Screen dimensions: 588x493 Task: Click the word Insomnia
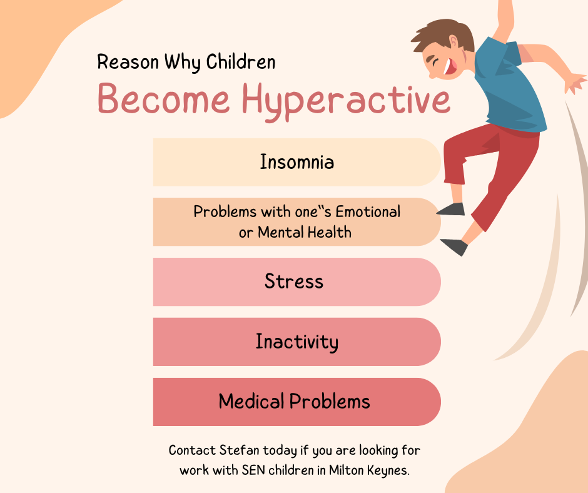(x=297, y=162)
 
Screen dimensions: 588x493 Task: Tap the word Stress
(x=293, y=281)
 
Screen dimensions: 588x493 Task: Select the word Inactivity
(x=297, y=342)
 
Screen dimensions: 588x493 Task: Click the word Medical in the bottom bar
(x=251, y=401)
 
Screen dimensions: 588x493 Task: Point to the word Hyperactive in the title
(x=346, y=100)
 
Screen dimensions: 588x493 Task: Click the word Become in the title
(x=163, y=98)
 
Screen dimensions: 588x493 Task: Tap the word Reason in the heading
(x=128, y=62)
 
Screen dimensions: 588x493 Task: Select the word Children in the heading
(x=241, y=61)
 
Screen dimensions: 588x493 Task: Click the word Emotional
(x=368, y=211)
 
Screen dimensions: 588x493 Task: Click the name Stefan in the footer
(x=239, y=450)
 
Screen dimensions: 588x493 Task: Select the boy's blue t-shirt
(x=508, y=86)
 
